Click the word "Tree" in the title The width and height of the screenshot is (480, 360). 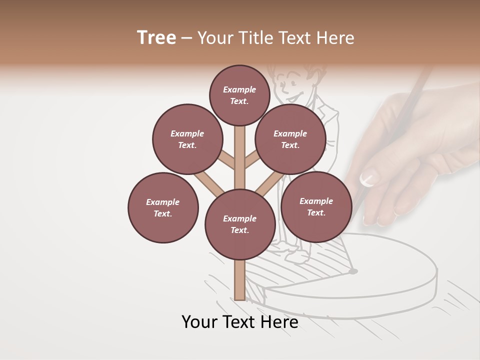point(156,38)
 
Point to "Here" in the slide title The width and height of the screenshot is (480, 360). point(335,38)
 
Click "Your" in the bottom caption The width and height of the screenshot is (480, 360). point(199,322)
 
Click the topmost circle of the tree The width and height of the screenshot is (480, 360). point(239,95)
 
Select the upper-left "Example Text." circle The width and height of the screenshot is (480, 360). point(187,139)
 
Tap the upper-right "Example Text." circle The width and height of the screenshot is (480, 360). point(290,139)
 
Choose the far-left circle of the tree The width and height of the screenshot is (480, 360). point(163,207)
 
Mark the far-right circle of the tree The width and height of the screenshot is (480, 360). point(316,206)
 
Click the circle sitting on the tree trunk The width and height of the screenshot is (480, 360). point(240,224)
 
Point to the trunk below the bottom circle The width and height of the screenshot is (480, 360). point(240,280)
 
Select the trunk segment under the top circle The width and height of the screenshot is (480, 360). point(240,150)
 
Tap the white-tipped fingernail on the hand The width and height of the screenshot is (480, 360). point(369,177)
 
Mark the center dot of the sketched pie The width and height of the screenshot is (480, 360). point(353,271)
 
